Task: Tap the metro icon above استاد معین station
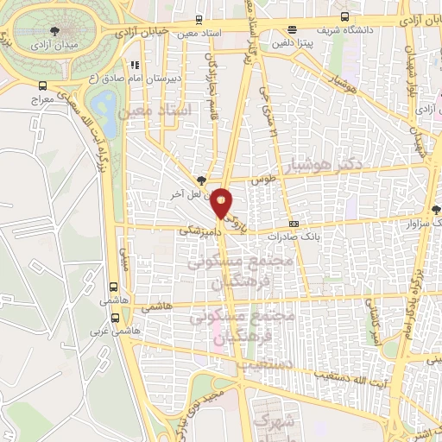pyautogui.click(x=199, y=19)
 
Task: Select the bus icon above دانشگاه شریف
pyautogui.click(x=345, y=18)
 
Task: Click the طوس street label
pyautogui.click(x=261, y=181)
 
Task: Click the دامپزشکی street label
pyautogui.click(x=196, y=232)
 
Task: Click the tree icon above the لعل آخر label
pyautogui.click(x=200, y=180)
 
